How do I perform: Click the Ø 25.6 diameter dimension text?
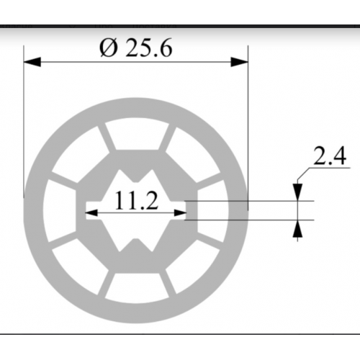coord(136,48)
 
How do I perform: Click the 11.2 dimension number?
coord(137,200)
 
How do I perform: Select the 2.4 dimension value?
coord(330,156)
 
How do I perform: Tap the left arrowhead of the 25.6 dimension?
coord(32,62)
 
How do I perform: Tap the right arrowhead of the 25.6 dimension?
coord(239,62)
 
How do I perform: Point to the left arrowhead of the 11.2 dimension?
coord(91,212)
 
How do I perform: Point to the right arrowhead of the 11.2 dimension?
coord(181,212)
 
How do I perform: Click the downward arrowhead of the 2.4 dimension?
coord(297,192)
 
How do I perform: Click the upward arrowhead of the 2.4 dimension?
coord(297,228)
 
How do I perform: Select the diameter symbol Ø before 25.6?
coord(109,48)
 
